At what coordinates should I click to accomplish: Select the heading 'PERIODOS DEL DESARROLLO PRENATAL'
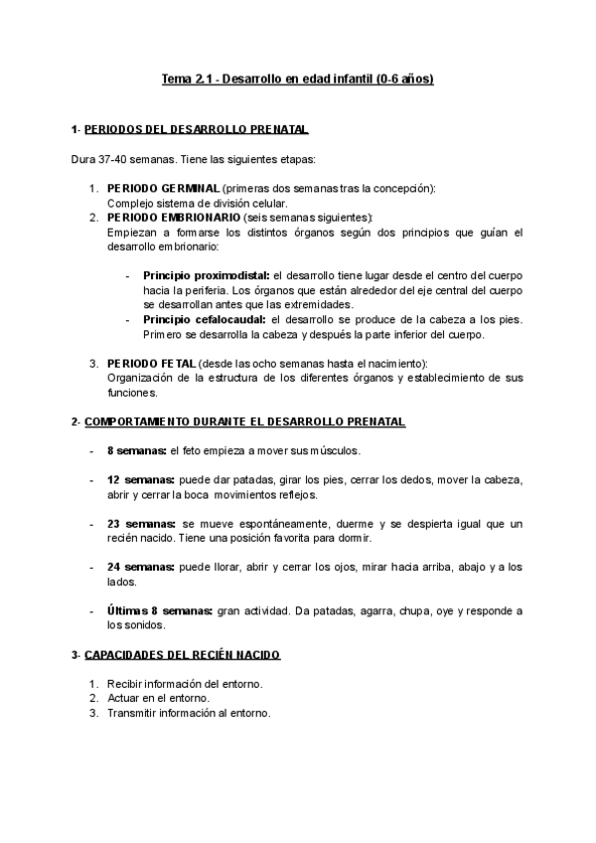196,130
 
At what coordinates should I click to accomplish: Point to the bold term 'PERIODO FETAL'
151,364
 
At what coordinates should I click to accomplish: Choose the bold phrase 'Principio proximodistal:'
206,275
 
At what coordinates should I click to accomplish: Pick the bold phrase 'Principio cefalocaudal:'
204,319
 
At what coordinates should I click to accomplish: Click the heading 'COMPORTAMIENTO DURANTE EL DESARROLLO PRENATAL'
244,421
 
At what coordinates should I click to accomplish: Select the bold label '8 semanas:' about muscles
136,450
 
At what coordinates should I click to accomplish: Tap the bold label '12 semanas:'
139,480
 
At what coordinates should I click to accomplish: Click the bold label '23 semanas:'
139,524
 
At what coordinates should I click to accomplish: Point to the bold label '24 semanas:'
139,568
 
